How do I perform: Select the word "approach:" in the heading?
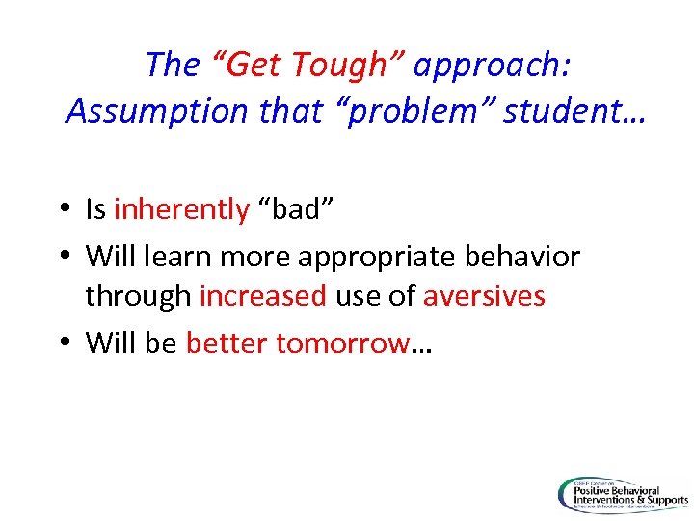(x=494, y=65)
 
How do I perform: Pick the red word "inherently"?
(x=181, y=209)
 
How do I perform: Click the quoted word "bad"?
(x=300, y=209)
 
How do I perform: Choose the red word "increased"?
(x=263, y=295)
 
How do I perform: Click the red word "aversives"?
(x=484, y=295)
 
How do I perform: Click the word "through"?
(x=138, y=295)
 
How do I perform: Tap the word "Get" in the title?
(x=253, y=65)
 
